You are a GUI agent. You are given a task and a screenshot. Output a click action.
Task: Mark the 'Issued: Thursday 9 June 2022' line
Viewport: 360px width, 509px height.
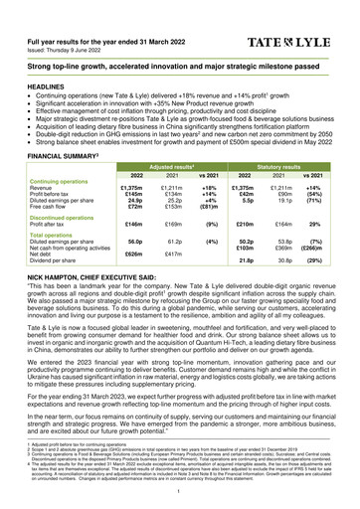tap(69, 35)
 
